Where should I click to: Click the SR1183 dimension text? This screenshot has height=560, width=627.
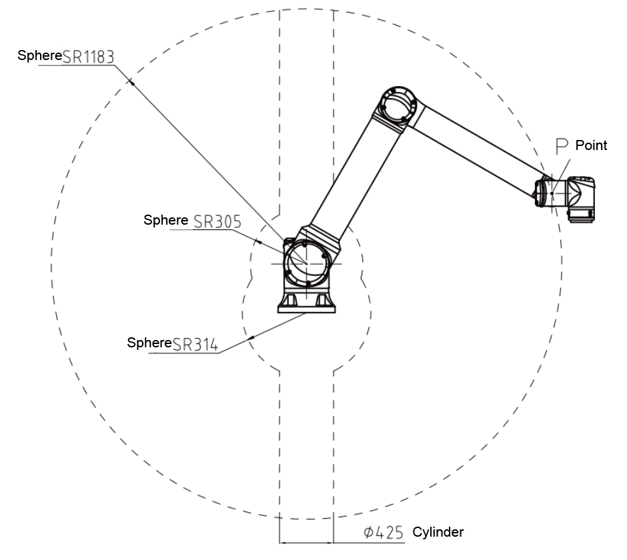point(88,57)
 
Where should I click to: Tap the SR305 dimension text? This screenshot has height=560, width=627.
point(217,221)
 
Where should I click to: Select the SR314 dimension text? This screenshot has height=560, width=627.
point(195,344)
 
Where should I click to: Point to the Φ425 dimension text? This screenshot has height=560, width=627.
point(384,533)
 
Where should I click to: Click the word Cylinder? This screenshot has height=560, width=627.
point(438,532)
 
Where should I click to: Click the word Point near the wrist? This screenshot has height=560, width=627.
point(591,145)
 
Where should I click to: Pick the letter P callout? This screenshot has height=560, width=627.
point(562,146)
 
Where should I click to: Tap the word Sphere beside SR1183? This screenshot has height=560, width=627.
point(39,55)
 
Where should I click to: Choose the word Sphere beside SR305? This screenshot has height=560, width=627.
point(165,220)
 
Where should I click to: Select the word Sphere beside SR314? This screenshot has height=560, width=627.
point(149,343)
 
